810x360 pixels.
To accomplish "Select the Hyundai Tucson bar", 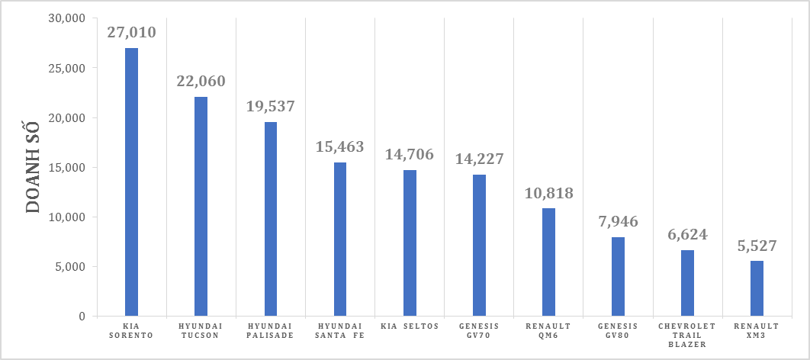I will coord(201,206).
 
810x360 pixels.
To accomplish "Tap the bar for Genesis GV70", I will coord(479,245).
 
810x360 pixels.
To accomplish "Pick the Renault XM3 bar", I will coord(757,288).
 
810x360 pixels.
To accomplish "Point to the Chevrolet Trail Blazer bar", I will coord(687,283).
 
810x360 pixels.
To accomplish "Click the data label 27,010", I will coord(132,33).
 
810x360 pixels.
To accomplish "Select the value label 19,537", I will coord(271,106).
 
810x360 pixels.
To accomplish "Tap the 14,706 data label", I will coord(410,155).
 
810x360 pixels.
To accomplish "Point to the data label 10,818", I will coord(548,193).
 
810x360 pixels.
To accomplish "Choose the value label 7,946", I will coord(618,222).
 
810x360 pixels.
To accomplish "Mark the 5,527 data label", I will coord(757,246).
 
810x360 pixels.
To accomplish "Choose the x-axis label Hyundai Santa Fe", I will coord(340,330).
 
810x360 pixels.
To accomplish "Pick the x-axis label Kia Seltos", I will coord(410,326).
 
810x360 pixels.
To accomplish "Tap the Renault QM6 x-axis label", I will coord(548,330).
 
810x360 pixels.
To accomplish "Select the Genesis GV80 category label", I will coord(618,330).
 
